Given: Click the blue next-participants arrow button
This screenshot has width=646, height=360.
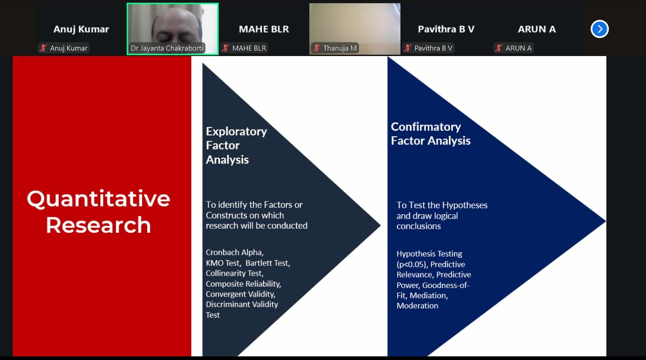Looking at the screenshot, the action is pos(600,29).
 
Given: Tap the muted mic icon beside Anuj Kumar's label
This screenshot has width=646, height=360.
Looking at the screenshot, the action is pos(44,48).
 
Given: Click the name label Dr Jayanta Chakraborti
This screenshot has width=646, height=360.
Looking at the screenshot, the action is pos(167,48).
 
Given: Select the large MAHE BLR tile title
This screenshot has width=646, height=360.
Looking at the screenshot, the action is pos(264,29).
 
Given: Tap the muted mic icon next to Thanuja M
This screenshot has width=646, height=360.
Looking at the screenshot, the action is pos(317,48).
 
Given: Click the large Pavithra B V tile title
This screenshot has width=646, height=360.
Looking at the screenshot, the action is pos(446,29).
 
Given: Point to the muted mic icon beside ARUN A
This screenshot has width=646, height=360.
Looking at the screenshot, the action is pos(499,48).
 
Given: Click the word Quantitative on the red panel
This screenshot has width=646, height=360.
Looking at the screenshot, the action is pos(98,199).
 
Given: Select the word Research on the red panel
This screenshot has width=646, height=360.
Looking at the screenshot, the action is pos(98,225).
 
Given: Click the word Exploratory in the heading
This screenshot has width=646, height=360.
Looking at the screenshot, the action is pos(236,132).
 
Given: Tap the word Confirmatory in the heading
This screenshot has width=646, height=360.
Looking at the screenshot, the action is pos(426,127).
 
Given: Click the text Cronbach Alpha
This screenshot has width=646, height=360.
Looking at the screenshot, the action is pos(234,252).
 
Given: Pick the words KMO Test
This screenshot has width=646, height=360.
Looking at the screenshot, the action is pos(222,263).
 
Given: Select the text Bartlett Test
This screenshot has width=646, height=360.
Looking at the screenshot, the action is pos(267,263).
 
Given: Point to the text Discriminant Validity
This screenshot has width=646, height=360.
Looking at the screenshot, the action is pos(241,304).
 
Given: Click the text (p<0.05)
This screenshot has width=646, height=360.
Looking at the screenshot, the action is pos(411,264).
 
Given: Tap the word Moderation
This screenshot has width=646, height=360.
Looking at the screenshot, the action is pos(417,306).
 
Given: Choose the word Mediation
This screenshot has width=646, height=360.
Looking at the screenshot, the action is pos(428,296).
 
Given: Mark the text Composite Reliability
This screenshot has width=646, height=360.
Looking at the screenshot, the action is pos(243,284).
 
